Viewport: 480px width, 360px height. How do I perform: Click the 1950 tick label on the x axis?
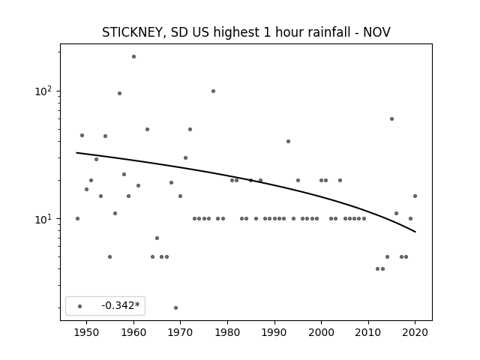point(87,332)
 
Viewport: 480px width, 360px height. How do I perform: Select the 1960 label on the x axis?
point(133,332)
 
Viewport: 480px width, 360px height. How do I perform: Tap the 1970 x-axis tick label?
point(180,332)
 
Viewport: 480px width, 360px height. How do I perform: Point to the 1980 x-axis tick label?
point(227,332)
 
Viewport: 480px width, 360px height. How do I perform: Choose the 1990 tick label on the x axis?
point(274,332)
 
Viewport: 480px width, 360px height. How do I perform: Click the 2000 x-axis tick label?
point(321,332)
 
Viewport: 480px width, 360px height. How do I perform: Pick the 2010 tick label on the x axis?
point(368,332)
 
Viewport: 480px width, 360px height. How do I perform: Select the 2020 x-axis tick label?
point(415,332)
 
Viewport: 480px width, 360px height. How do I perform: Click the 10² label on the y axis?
point(45,91)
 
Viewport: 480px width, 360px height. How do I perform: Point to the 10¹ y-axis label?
point(45,218)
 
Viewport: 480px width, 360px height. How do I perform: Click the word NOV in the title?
point(376,32)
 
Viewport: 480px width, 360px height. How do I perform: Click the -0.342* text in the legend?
point(121,305)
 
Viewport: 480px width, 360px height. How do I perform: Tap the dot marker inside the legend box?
point(80,306)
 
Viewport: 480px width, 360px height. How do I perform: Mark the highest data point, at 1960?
point(133,57)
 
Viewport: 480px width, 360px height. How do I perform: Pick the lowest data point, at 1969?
point(175,307)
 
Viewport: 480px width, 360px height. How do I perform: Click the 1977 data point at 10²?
point(213,91)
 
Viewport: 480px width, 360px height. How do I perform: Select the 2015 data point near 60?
point(391,118)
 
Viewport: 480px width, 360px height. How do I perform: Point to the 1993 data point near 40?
point(288,141)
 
